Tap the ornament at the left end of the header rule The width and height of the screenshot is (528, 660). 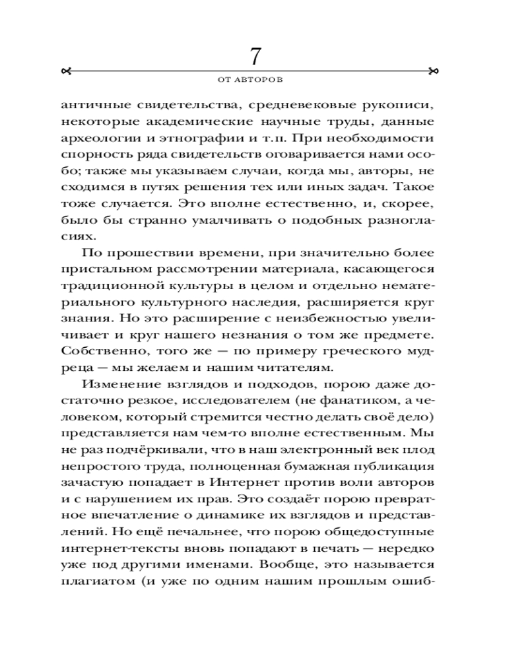pyautogui.click(x=65, y=70)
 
